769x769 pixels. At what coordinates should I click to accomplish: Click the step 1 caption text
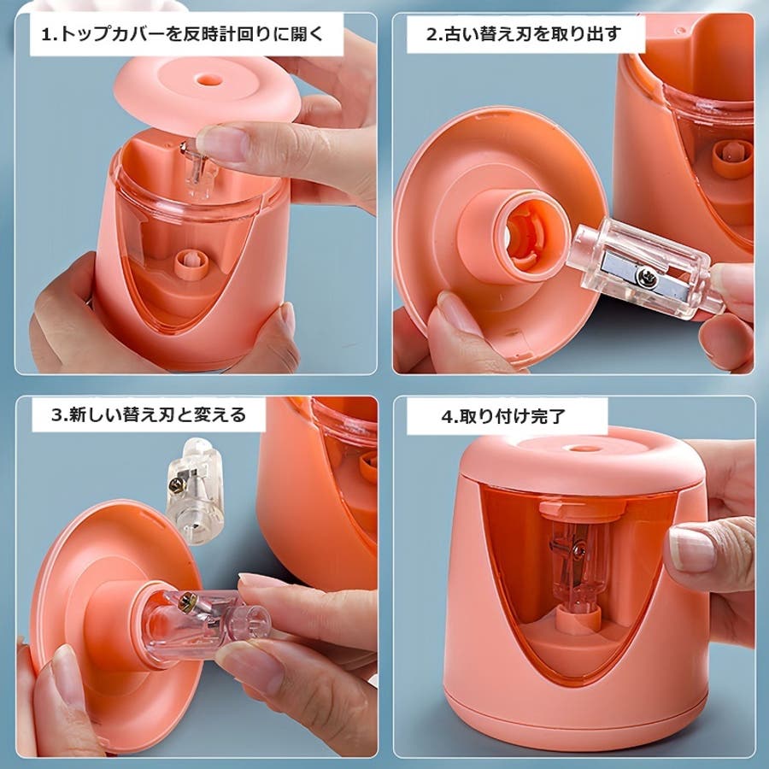tap(183, 35)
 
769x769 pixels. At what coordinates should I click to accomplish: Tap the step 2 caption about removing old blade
tap(524, 34)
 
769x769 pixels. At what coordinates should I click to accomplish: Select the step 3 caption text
tap(148, 415)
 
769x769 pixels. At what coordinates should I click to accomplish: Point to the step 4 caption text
tap(503, 416)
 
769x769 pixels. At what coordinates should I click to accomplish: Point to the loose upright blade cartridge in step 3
tap(195, 491)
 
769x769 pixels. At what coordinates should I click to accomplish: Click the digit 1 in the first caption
tap(45, 35)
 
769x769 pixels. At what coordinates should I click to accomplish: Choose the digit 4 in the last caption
tap(447, 417)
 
